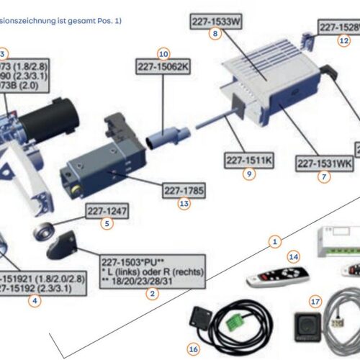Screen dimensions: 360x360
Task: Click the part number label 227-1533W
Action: [x=215, y=22]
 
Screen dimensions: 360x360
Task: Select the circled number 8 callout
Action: [x=215, y=34]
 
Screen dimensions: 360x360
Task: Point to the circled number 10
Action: [x=163, y=53]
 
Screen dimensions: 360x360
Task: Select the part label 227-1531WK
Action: [x=324, y=163]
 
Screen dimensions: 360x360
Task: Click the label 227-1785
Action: [x=184, y=191]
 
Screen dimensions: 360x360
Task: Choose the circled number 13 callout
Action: [x=184, y=204]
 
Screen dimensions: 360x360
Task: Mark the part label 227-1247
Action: [x=107, y=211]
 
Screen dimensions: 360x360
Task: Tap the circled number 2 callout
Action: [x=152, y=293]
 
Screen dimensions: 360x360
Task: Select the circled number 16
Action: [x=192, y=348]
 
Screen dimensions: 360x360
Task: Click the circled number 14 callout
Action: [x=292, y=256]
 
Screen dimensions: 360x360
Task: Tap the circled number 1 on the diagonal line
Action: [x=273, y=242]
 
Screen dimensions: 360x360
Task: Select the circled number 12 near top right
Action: [x=344, y=40]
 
